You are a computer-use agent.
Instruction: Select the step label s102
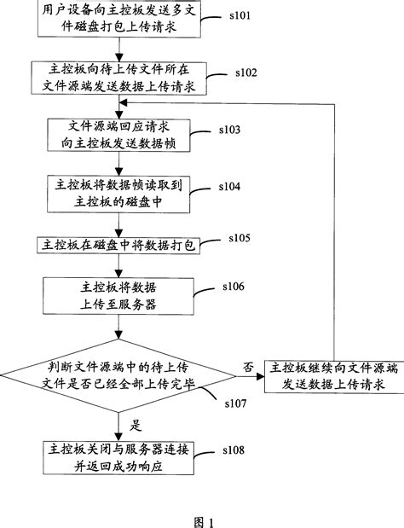[252, 73]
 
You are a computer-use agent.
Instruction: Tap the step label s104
[231, 185]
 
